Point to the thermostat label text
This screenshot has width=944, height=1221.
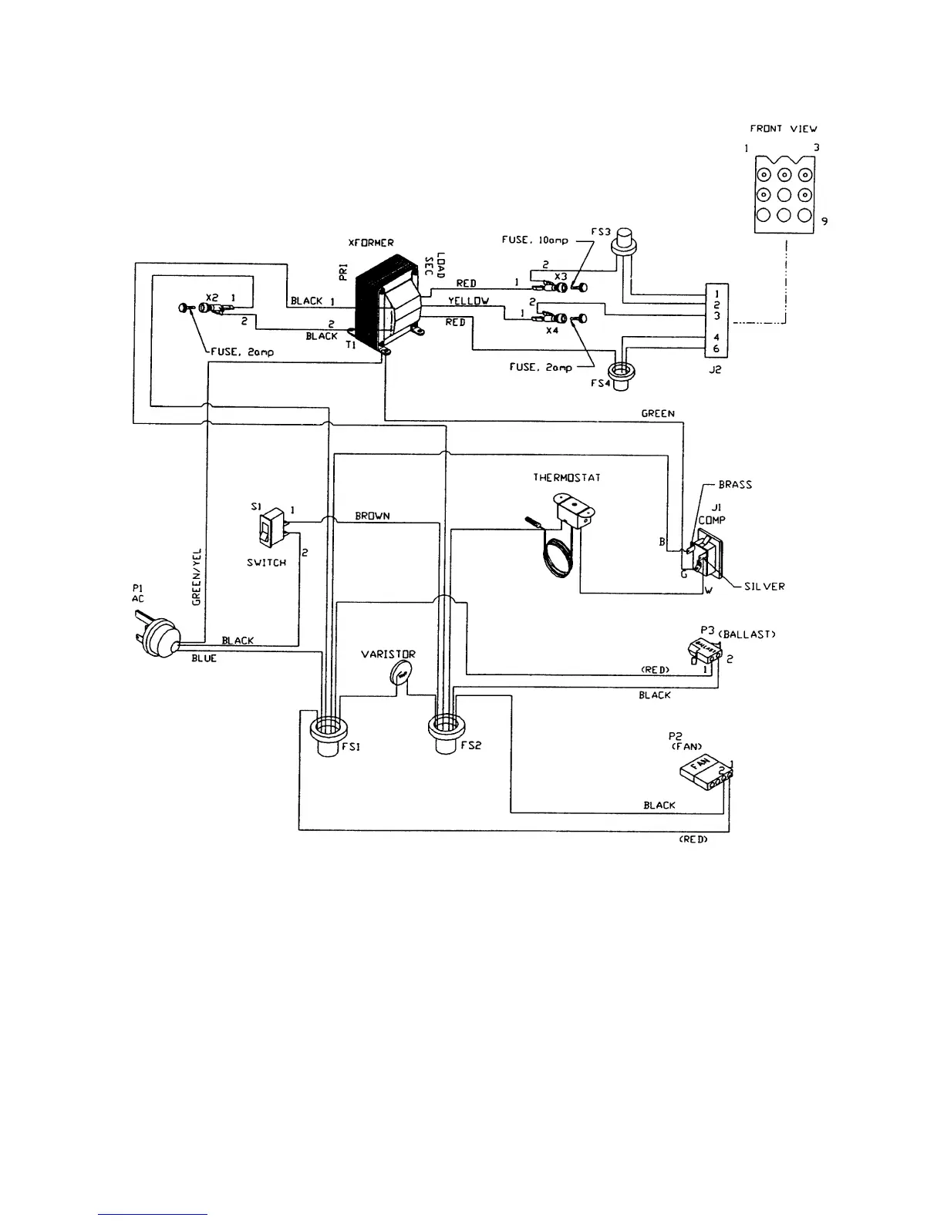566,478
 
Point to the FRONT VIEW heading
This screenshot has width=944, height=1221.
784,129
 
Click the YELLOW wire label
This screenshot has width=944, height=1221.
468,301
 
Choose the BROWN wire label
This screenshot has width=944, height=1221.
373,516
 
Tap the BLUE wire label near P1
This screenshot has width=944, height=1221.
204,659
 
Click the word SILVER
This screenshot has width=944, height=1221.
764,587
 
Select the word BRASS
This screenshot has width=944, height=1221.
734,485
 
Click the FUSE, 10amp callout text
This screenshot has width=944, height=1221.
534,240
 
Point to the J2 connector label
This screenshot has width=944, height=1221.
714,369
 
